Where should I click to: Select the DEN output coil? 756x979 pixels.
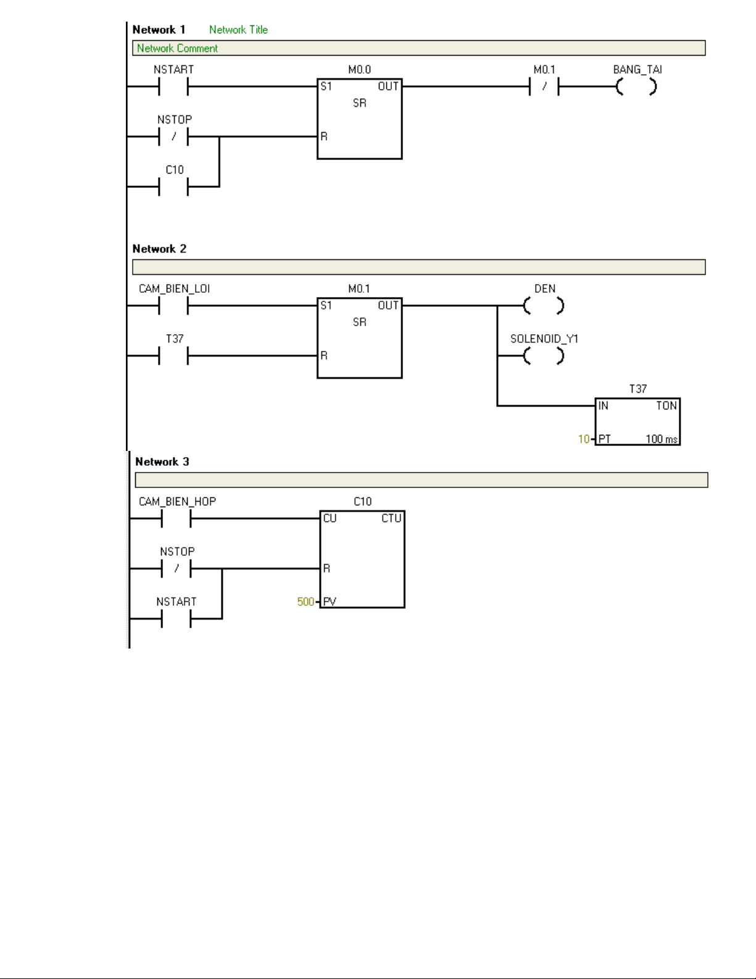[544, 306]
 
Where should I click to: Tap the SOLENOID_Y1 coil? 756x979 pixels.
[544, 356]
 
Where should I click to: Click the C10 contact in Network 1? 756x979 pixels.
[173, 187]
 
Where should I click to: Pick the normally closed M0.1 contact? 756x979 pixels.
[544, 86]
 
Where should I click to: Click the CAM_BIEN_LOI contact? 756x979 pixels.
[173, 306]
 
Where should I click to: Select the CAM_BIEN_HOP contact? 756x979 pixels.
[176, 519]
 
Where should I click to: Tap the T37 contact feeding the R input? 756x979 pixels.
[173, 356]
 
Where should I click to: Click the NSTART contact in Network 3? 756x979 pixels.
[176, 619]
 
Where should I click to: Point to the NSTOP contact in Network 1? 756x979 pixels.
[173, 136]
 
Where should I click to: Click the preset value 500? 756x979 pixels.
[305, 602]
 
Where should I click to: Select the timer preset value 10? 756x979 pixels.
[584, 439]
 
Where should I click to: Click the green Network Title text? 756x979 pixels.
[238, 30]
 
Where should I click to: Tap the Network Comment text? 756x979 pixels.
[177, 48]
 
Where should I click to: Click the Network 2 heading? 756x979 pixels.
[159, 249]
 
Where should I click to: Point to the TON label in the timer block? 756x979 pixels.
[667, 406]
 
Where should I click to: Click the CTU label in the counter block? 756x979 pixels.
[391, 519]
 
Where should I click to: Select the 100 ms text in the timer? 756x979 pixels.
[662, 439]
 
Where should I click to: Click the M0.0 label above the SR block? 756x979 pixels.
[360, 70]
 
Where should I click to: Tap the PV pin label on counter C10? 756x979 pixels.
[330, 602]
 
